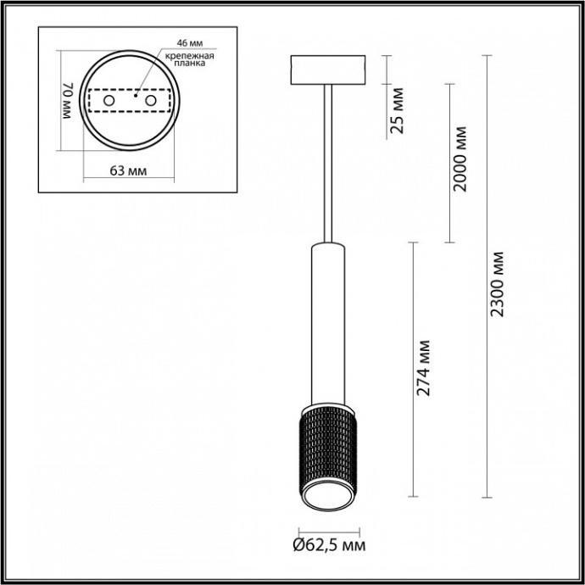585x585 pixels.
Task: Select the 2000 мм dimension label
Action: coord(460,159)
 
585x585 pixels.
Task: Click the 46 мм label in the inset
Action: coord(189,42)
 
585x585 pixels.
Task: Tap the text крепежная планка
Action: coord(188,58)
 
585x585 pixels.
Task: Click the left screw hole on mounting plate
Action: coord(109,102)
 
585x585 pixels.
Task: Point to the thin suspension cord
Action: coord(326,161)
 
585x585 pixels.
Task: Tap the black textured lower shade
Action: coord(326,441)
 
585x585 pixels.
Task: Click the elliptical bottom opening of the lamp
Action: coord(326,499)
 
